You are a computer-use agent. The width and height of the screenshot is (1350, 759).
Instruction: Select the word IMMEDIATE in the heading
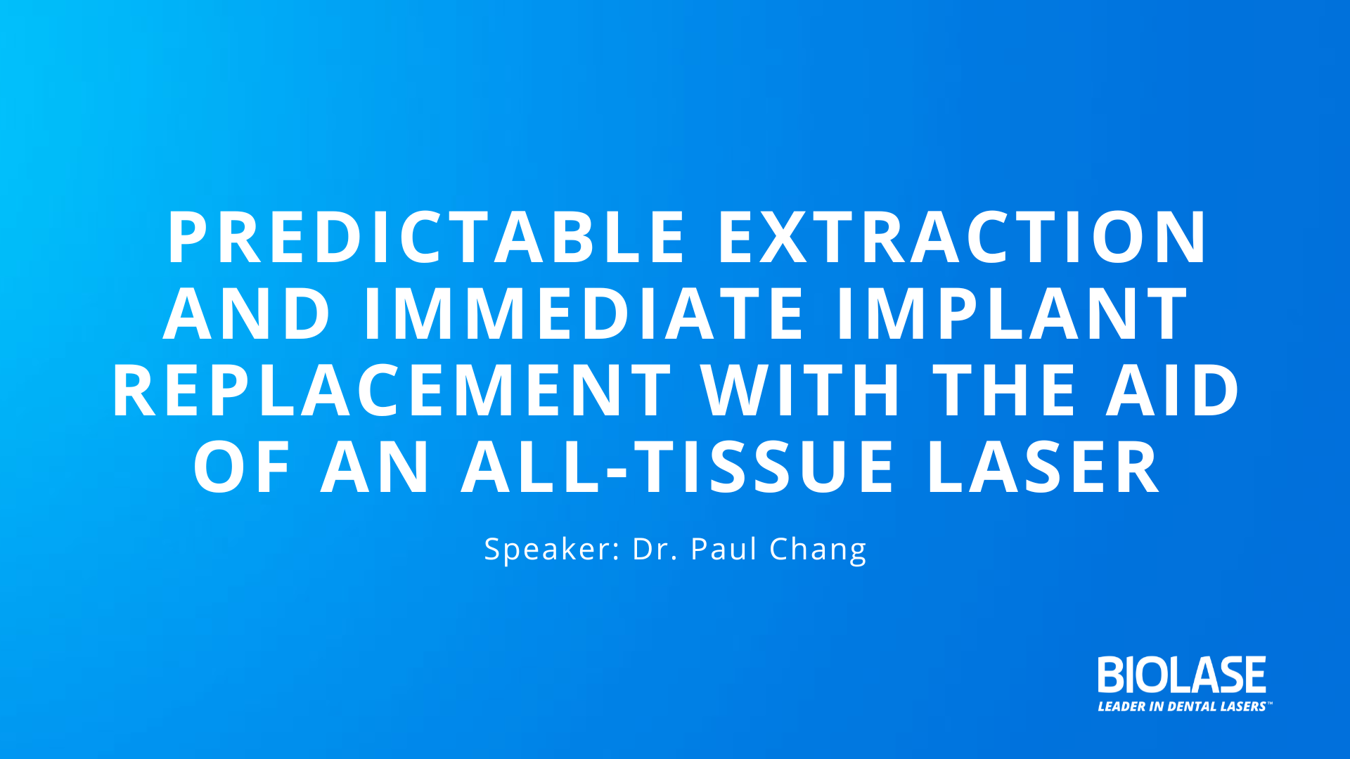click(584, 314)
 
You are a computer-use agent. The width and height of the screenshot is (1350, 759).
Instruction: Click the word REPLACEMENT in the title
click(392, 391)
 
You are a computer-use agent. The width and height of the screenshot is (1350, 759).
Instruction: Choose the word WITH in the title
click(801, 391)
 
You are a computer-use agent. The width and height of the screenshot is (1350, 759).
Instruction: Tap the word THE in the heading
click(1004, 391)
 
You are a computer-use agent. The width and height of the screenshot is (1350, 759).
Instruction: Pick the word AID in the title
click(1174, 391)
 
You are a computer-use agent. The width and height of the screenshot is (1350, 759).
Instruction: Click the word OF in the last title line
click(242, 467)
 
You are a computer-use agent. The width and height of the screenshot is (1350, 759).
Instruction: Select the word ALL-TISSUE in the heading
click(678, 467)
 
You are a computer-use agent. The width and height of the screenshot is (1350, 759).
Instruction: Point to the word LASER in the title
click(1042, 467)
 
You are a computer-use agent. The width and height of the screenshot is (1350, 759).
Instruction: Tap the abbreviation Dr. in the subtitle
click(655, 549)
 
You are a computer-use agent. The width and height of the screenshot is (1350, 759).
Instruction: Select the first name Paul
click(724, 549)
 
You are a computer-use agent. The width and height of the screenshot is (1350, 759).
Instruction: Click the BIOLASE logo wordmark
click(1182, 675)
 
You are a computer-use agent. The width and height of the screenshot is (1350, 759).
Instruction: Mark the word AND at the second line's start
click(247, 314)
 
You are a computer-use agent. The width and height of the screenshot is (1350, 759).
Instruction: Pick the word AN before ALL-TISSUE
click(375, 467)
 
